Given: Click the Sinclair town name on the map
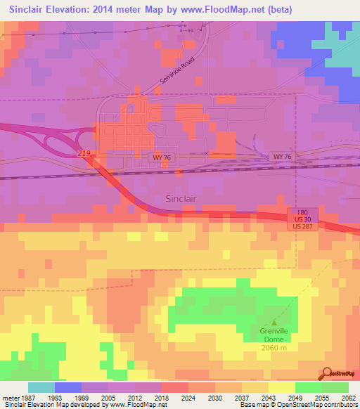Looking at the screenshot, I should (x=185, y=198).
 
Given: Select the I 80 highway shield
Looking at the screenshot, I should (x=303, y=212).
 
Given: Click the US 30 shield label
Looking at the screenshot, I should (x=303, y=221).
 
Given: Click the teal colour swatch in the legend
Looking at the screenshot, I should (x=41, y=387).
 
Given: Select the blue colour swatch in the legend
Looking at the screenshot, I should (x=68, y=387).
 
